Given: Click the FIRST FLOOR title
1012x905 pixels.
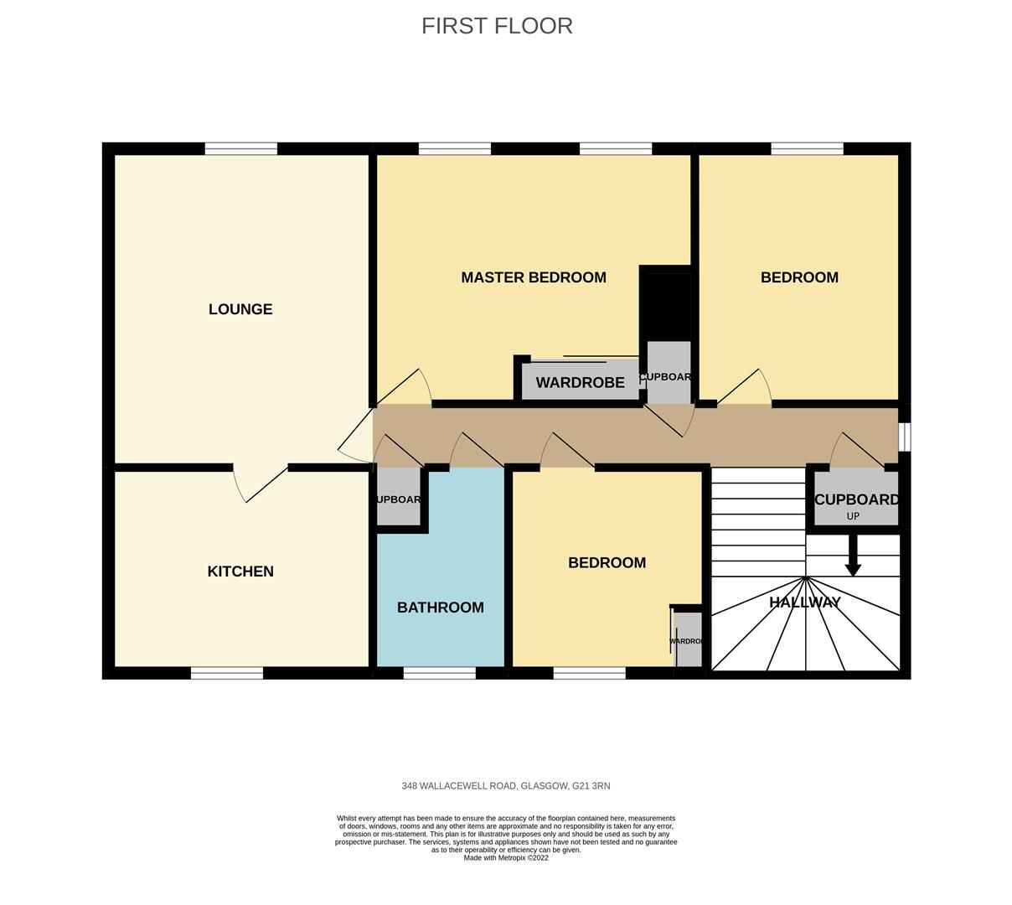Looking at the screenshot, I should (x=497, y=26).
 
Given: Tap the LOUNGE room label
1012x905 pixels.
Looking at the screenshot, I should (x=240, y=309).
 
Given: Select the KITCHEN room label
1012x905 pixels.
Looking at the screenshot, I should (x=240, y=571).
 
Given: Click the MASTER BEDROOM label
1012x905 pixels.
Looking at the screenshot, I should (x=533, y=277).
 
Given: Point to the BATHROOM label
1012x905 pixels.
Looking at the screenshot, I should (x=440, y=608).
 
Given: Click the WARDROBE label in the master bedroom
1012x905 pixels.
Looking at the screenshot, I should (x=580, y=383).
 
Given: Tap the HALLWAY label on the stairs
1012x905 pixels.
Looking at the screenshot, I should (x=804, y=602).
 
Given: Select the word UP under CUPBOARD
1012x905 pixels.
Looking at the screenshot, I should (x=853, y=516).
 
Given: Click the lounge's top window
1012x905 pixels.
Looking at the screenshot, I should (x=240, y=149).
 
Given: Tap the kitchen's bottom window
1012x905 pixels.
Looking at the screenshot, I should (x=226, y=673).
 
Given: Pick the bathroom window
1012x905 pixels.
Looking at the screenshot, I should (x=439, y=673).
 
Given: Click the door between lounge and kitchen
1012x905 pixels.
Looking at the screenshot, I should (x=260, y=484).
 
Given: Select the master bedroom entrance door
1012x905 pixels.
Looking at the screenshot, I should (x=404, y=387).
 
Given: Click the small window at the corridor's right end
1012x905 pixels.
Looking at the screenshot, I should (x=905, y=437).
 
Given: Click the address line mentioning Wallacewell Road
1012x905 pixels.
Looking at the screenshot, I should (x=505, y=786).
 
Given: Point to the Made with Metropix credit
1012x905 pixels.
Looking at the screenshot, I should (x=505, y=858).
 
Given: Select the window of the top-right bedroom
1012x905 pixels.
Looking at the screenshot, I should (x=807, y=149).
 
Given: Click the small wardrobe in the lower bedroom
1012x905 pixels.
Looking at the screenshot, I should (x=688, y=640).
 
